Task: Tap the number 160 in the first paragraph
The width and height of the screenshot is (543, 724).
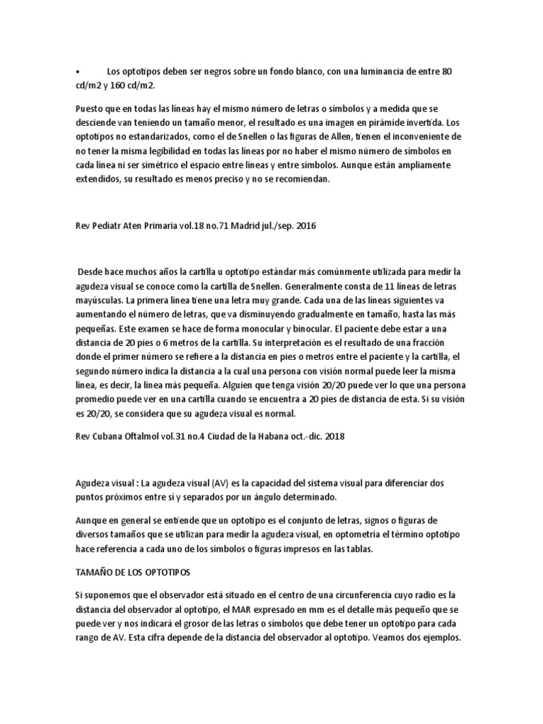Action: point(120,85)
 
